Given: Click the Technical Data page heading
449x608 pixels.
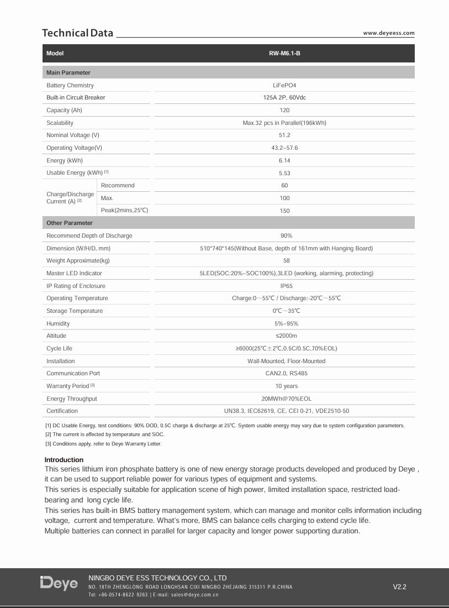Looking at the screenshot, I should coord(78,33).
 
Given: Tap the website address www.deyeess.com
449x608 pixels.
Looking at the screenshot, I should coord(388,33).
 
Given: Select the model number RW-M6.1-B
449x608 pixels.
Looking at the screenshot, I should coord(284,54).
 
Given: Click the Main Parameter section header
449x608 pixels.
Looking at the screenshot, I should coord(68,72).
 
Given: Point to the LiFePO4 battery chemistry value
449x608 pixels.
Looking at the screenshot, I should coord(284,85).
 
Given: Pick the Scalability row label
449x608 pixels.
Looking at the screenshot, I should coord(60,123).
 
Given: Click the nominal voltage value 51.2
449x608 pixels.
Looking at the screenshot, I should coord(284,135).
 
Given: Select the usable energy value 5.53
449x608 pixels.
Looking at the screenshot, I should coord(284,173).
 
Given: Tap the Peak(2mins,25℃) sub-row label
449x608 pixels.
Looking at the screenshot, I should coord(125,211).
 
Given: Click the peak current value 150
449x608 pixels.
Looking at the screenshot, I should coord(284,211).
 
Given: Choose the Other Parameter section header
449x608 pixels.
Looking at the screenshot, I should coord(70,223).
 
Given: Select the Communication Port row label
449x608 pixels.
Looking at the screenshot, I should coord(73,374).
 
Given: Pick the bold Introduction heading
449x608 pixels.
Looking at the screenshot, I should coord(64,460).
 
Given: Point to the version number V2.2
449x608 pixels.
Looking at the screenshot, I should coord(399,587).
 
